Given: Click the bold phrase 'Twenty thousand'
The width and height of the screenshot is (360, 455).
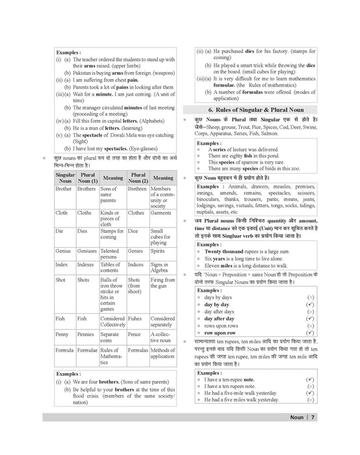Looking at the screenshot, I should coord(225,252).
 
